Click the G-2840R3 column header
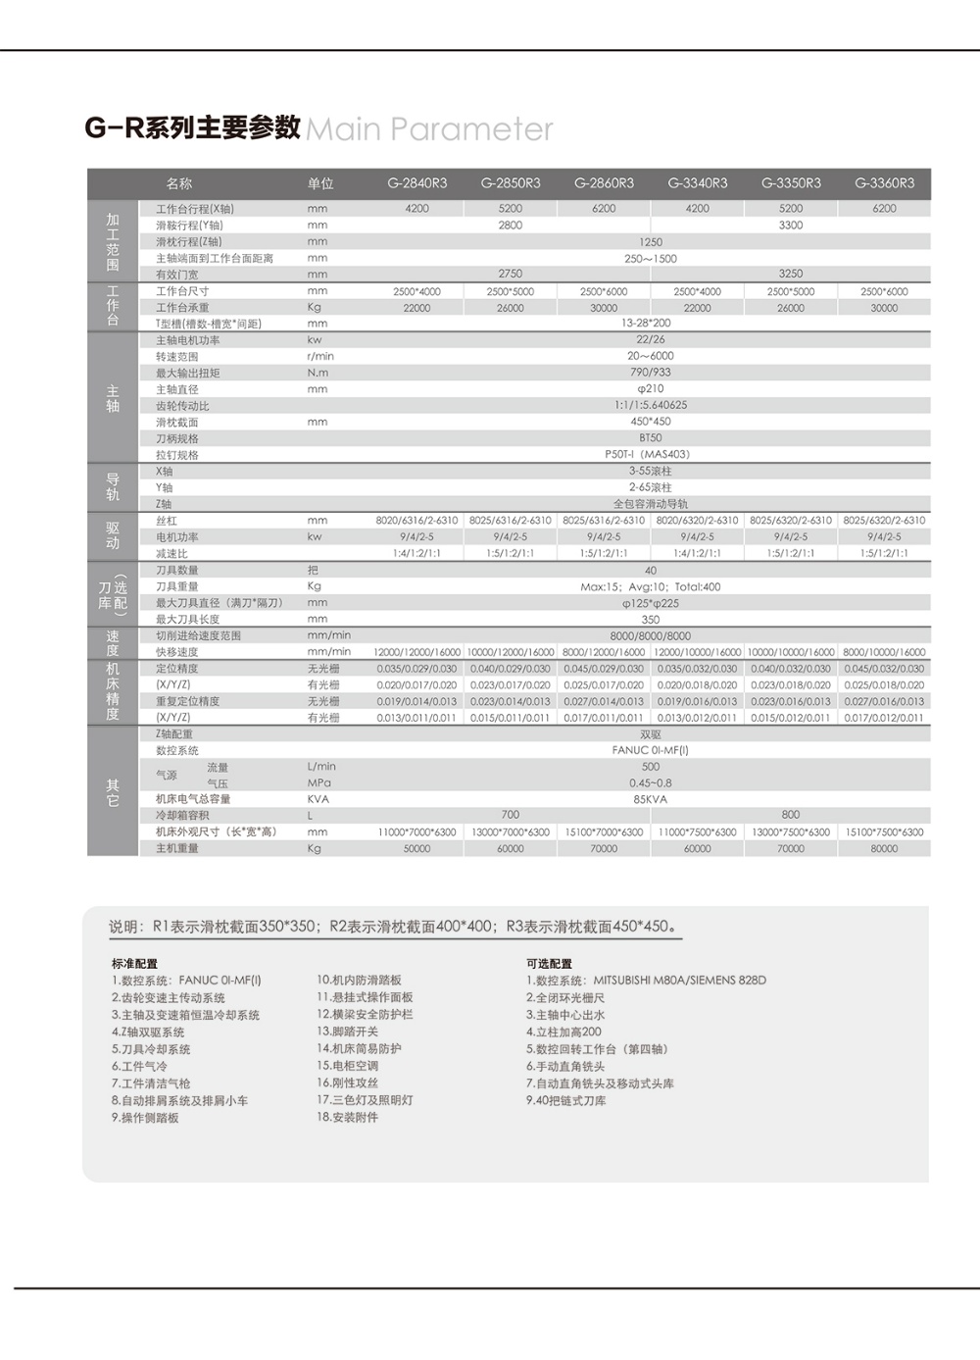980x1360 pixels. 416,183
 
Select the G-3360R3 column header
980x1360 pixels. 884,183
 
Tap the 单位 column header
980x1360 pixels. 320,183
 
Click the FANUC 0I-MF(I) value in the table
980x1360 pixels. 650,750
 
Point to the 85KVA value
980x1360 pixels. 650,799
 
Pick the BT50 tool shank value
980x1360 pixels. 650,438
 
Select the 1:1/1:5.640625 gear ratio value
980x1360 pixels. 650,405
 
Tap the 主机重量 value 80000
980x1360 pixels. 884,849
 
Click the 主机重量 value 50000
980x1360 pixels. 416,849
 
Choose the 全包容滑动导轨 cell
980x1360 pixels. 650,504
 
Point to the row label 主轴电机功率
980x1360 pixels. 187,340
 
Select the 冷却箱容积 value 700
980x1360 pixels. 510,815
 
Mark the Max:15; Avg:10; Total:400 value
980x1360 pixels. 650,586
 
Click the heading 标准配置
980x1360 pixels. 134,964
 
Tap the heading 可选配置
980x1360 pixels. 549,964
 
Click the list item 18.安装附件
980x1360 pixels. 347,1118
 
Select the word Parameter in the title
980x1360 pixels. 471,129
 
